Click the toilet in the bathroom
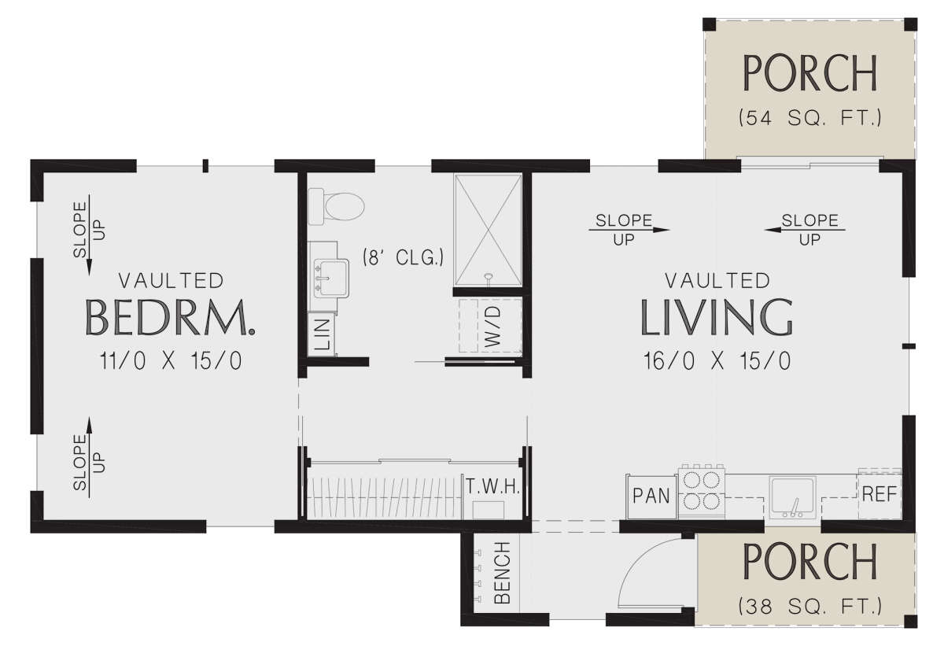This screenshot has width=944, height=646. click(x=336, y=206)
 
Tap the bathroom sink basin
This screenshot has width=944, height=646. click(x=331, y=278)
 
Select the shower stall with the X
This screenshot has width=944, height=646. click(x=488, y=230)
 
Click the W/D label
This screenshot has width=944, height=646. click(x=492, y=327)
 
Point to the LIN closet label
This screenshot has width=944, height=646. click(x=322, y=334)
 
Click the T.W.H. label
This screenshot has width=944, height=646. click(x=492, y=488)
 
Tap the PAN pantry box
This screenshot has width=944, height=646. click(x=651, y=496)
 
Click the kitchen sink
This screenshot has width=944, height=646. click(x=793, y=497)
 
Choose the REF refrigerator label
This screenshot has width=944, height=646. click(x=879, y=494)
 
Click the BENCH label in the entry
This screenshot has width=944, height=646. click(x=503, y=573)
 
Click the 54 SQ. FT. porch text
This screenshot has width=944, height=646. click(x=809, y=118)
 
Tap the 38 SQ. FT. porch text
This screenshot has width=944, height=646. click(x=809, y=607)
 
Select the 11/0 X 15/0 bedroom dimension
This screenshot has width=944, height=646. click(x=171, y=360)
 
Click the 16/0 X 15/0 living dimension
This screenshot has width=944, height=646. click(x=717, y=361)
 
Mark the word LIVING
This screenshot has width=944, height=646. click(x=717, y=317)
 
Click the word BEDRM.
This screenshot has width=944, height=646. click(x=170, y=317)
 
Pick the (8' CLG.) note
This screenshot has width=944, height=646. click(x=404, y=257)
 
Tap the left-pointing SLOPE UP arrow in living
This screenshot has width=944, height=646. click(x=805, y=230)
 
